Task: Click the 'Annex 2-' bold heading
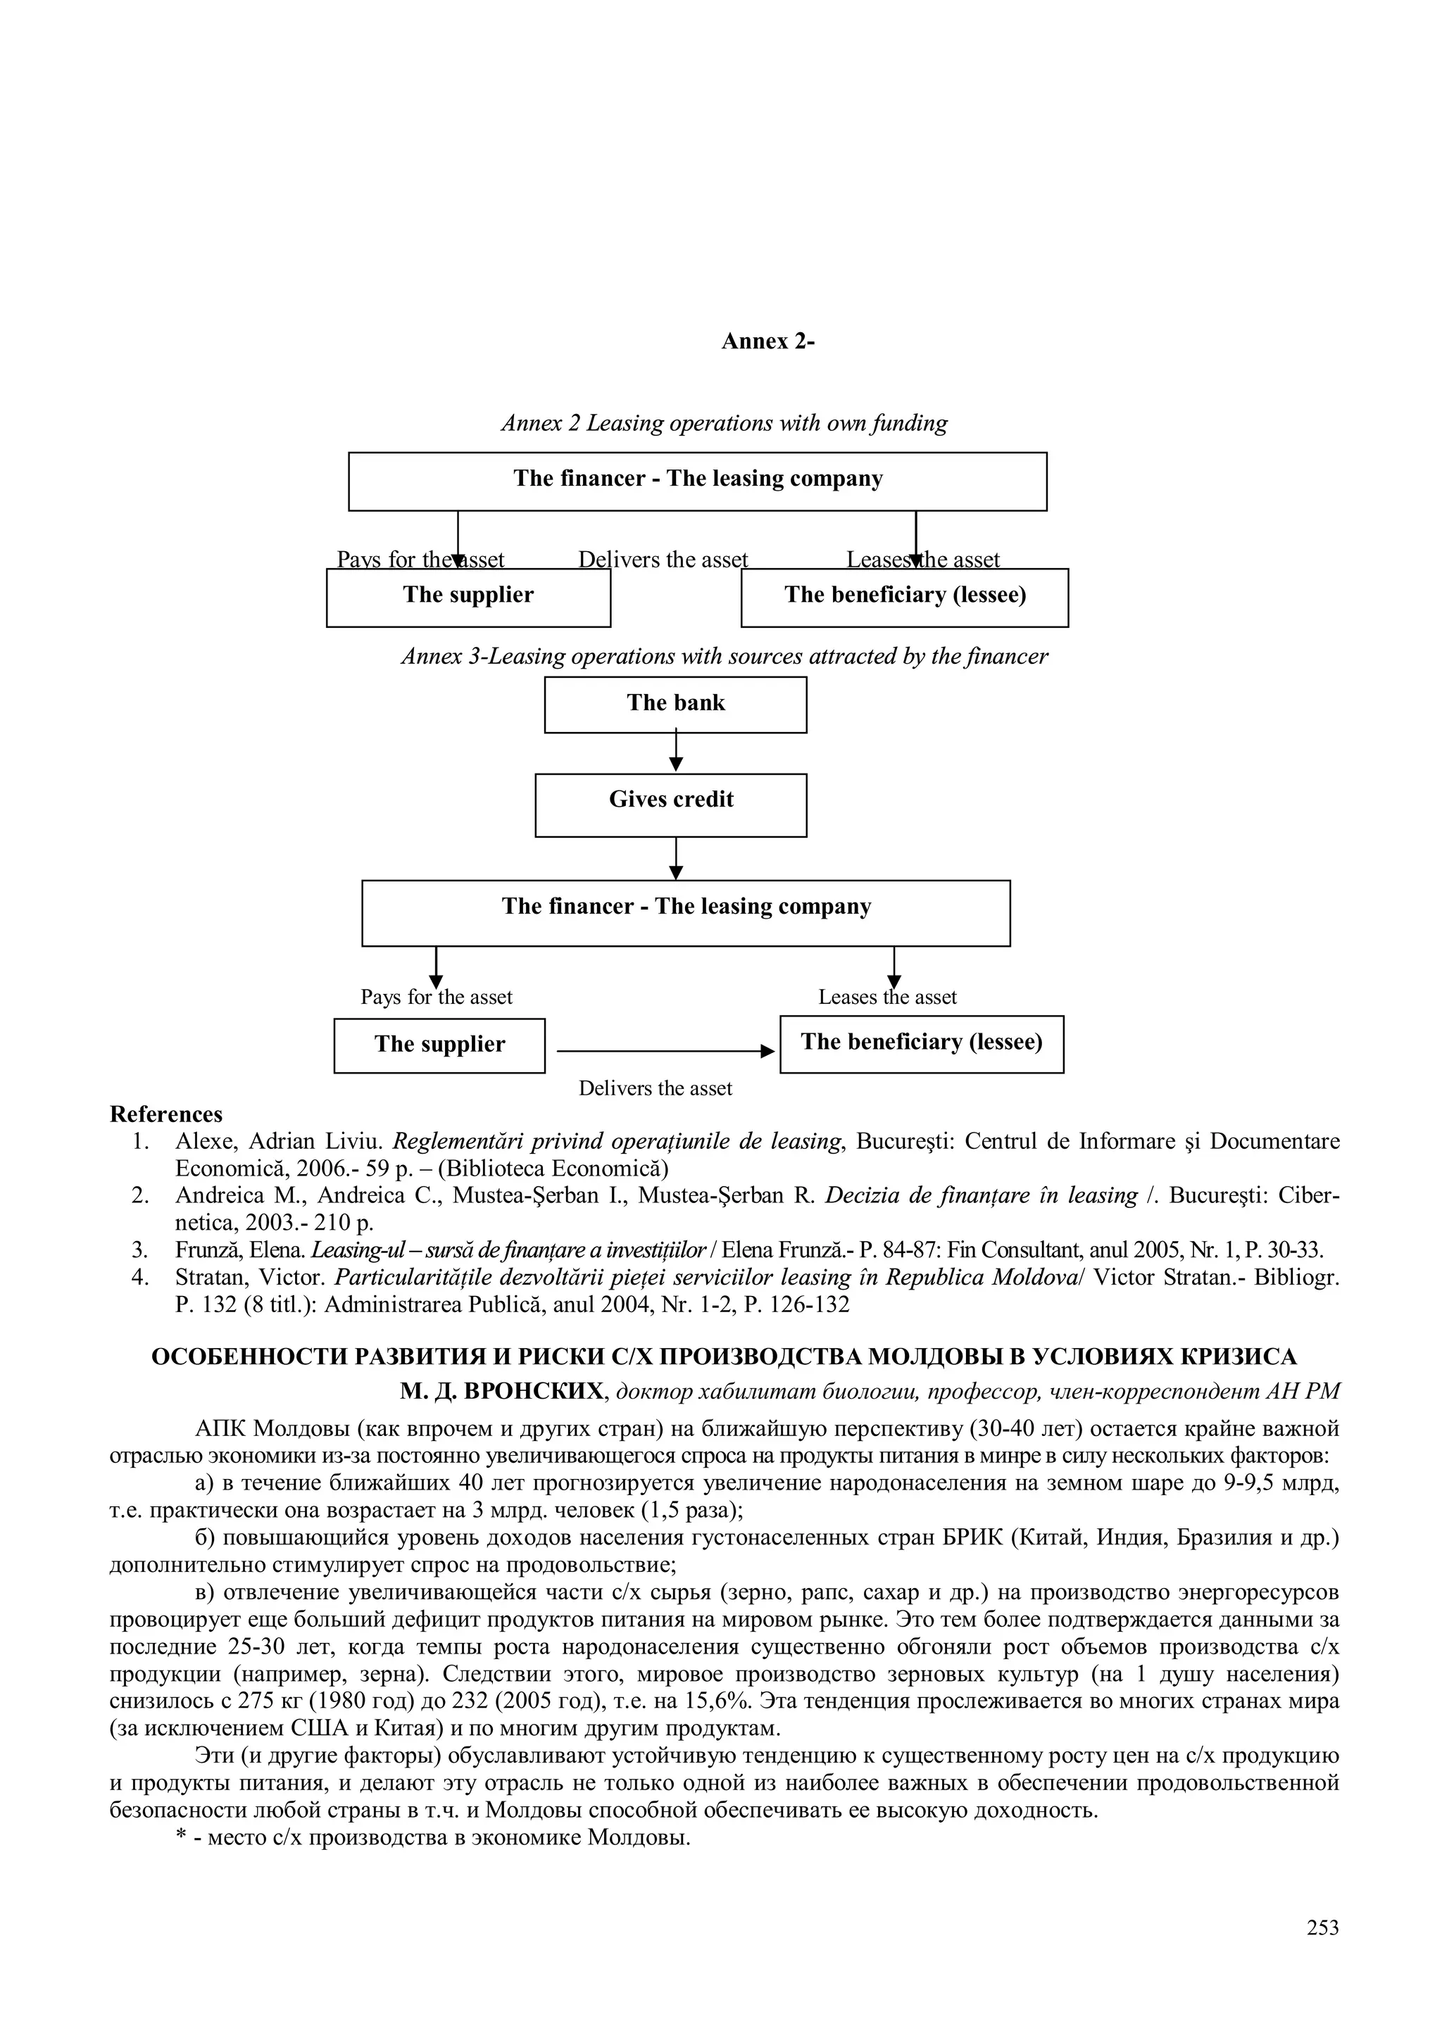(767, 342)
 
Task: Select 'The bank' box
(675, 704)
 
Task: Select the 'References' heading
(166, 1114)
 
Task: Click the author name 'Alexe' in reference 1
(203, 1142)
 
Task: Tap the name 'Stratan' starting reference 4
(210, 1278)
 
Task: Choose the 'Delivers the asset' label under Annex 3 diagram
(656, 1088)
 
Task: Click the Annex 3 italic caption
(724, 657)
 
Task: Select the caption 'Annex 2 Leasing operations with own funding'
(724, 423)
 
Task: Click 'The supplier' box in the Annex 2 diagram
(468, 596)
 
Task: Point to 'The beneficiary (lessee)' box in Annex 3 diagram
(922, 1043)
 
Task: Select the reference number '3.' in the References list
(139, 1251)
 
